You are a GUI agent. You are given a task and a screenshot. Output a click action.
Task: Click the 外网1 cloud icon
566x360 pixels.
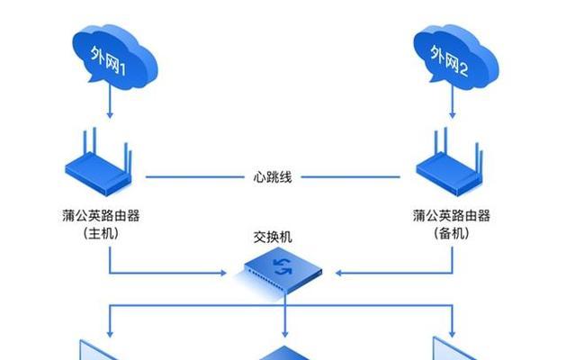(x=115, y=57)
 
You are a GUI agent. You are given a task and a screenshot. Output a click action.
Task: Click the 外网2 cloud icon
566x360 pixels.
(x=456, y=57)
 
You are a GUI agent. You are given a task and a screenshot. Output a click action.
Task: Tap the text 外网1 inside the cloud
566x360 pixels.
(x=108, y=60)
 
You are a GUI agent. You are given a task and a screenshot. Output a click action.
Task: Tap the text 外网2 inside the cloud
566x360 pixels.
(x=449, y=61)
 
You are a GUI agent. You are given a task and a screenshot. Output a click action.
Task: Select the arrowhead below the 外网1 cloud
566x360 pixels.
(x=110, y=115)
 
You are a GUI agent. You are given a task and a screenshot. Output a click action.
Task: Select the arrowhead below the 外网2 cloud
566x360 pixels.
(x=452, y=115)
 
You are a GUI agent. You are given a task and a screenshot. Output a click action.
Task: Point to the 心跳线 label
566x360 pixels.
(x=273, y=177)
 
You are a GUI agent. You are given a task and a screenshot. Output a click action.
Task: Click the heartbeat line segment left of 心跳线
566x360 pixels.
(x=195, y=177)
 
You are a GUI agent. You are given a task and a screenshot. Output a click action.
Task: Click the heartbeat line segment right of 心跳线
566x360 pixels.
(x=351, y=177)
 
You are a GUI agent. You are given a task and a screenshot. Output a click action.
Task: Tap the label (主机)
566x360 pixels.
(x=101, y=233)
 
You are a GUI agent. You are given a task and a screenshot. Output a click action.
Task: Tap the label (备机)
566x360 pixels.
(x=452, y=233)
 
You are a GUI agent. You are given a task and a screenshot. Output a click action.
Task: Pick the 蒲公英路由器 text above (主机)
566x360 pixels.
(x=101, y=216)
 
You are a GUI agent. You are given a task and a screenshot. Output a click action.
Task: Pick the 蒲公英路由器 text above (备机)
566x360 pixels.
(x=452, y=216)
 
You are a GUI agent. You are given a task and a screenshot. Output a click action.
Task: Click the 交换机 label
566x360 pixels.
(x=273, y=238)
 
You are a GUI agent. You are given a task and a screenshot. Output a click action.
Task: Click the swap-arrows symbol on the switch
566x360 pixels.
(x=283, y=266)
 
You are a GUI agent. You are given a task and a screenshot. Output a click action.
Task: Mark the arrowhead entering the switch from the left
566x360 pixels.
(x=223, y=273)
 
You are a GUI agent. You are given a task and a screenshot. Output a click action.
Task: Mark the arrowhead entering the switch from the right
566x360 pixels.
(x=338, y=273)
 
